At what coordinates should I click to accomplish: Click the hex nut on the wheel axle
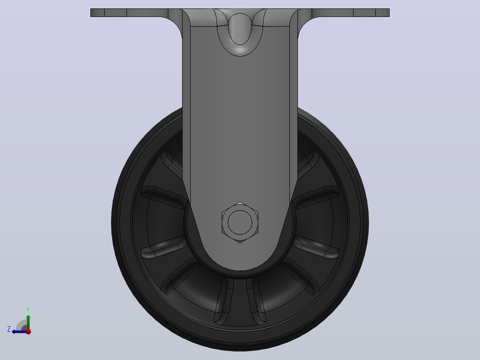[240, 222]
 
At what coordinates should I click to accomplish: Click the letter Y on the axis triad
[28, 310]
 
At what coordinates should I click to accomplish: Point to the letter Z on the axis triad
[9, 329]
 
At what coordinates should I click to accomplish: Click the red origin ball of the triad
[28, 331]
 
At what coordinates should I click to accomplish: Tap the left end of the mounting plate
[91, 12]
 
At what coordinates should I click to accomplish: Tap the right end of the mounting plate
[389, 12]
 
